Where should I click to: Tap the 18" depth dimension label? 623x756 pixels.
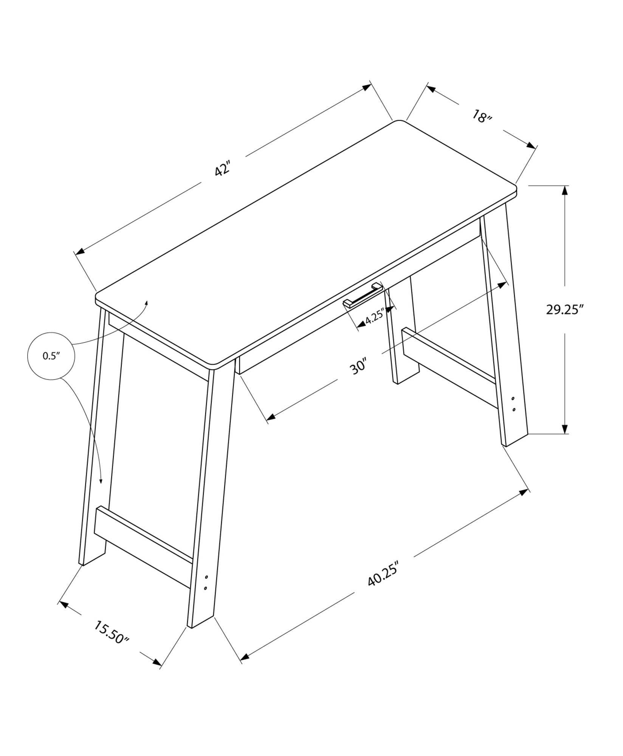[x=481, y=117]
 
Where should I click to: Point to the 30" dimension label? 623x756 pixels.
[x=358, y=366]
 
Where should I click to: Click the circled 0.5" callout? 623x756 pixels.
[x=51, y=356]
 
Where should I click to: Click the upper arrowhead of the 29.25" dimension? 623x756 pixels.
[x=565, y=190]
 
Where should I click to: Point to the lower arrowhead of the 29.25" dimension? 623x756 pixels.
[x=565, y=429]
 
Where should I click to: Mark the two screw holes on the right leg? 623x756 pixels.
[x=513, y=404]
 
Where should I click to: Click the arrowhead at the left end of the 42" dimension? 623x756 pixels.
[x=81, y=251]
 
